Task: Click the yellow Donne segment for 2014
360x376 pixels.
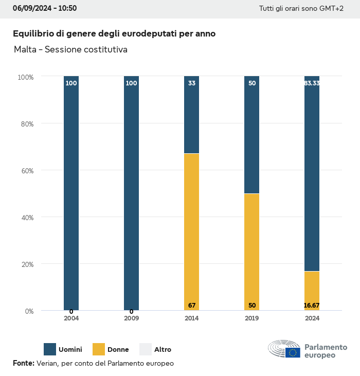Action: tap(191, 231)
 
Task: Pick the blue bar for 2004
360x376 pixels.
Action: tap(71, 193)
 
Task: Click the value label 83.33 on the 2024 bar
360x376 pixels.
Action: tap(312, 83)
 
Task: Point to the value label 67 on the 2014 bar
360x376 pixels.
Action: tap(192, 306)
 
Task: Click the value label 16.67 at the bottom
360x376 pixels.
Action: tap(312, 306)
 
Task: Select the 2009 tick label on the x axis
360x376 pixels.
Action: tap(131, 318)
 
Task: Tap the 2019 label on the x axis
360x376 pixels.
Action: tap(252, 318)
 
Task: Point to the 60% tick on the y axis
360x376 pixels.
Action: tap(26, 170)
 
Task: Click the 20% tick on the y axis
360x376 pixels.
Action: tap(26, 264)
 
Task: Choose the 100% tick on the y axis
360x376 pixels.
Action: tap(25, 77)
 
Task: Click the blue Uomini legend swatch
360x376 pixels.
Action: tap(50, 349)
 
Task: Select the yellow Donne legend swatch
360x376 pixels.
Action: tap(98, 349)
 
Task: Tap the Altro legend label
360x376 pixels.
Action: tap(163, 350)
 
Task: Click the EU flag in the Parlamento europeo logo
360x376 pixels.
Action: tap(293, 352)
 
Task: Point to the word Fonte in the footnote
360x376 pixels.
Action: tap(23, 363)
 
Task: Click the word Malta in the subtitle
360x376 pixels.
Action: tap(25, 50)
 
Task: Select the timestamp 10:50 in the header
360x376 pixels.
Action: tap(67, 8)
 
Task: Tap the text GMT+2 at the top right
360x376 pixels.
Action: tap(331, 9)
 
